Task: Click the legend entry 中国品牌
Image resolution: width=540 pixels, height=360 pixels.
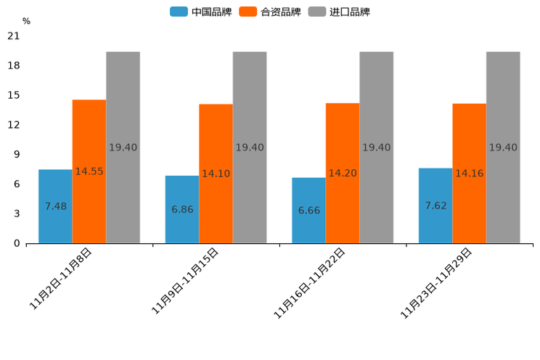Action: pos(201,12)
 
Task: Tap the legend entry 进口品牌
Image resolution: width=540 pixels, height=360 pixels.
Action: pos(339,12)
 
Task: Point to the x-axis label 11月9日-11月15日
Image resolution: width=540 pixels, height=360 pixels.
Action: pos(185,281)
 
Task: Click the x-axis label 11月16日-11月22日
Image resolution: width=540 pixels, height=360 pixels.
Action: pos(309,283)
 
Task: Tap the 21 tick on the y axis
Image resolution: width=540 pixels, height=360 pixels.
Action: pos(13,36)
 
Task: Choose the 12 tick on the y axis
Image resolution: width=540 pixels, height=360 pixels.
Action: pos(13,125)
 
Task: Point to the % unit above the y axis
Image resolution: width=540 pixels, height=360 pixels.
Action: pos(26,22)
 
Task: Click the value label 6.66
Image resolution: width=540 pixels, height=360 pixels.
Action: pos(308,210)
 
